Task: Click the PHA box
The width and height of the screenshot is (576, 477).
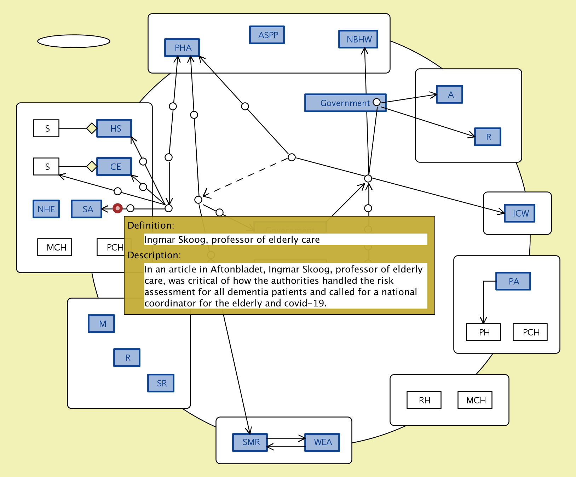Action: point(182,48)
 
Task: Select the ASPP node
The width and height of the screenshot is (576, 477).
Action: point(267,35)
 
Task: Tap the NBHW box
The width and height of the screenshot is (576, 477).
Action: point(358,39)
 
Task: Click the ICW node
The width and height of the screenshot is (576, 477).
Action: point(519,213)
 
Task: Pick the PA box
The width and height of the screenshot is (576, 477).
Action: point(513,281)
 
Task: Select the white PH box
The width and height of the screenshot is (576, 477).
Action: point(483,332)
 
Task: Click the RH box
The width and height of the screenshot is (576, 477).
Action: point(424,400)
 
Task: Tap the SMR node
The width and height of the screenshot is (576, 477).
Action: point(250,442)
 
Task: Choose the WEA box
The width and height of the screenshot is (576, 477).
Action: point(322,442)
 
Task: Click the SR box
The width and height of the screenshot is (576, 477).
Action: point(161,383)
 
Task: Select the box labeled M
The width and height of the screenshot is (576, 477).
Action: point(102,324)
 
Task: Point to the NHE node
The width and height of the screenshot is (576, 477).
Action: point(46,209)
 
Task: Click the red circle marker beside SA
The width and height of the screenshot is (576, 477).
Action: point(117,208)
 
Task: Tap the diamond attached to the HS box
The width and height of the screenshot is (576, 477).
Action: point(92,128)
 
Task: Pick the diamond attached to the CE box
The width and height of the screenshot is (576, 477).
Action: point(92,166)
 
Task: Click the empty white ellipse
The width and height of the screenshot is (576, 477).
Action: point(74,41)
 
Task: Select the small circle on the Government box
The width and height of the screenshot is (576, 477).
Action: point(376,102)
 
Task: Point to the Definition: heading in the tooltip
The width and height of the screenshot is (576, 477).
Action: point(151,225)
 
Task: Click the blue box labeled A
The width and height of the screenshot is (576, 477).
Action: point(449,94)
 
